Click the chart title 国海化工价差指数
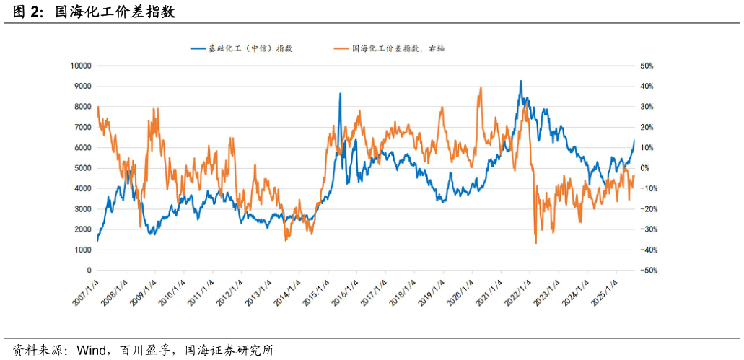(115, 12)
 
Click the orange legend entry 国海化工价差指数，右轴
(389, 48)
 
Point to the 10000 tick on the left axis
(80, 66)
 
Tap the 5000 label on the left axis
(82, 168)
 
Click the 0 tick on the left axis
(89, 271)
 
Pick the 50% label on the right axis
(647, 66)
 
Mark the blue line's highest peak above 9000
(520, 81)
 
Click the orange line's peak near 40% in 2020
(481, 87)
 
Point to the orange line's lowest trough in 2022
(535, 243)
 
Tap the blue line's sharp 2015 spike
(340, 94)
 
